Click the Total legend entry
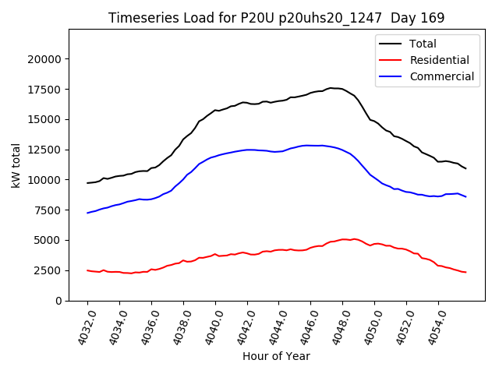pyautogui.click(x=423, y=44)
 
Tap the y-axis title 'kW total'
pyautogui.click(x=16, y=165)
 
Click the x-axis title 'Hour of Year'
pyautogui.click(x=276, y=356)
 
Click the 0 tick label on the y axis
pyautogui.click(x=58, y=301)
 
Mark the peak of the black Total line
pyautogui.click(x=331, y=88)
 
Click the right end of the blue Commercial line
pyautogui.click(x=466, y=196)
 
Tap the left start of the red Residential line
pyautogui.click(x=87, y=270)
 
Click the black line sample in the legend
pyautogui.click(x=391, y=44)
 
